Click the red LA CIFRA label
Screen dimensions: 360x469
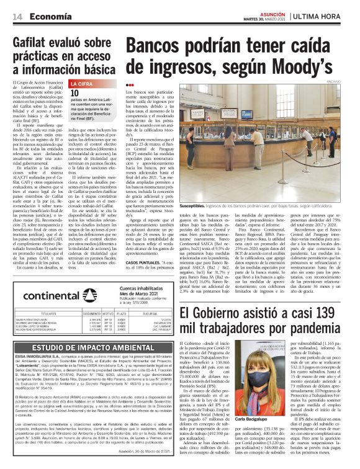click(83, 83)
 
